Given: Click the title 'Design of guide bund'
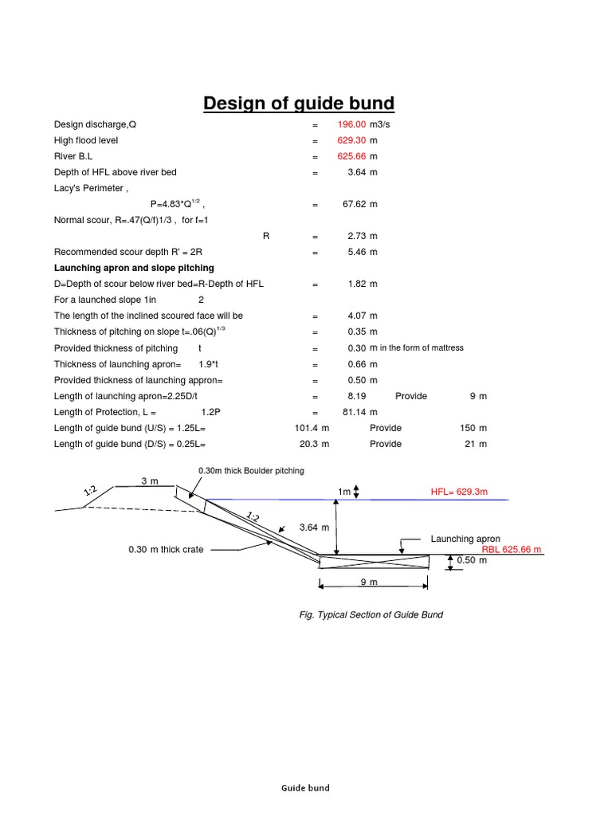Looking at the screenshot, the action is (299, 104).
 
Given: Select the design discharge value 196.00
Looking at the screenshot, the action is (351, 124).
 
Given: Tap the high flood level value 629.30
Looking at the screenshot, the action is (351, 140).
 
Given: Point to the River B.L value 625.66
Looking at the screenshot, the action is (351, 156).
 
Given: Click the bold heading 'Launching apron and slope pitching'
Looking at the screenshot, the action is (134, 268).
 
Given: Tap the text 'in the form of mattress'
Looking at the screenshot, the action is (422, 348).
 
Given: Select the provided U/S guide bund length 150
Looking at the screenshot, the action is (468, 428).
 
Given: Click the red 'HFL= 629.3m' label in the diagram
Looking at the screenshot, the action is (458, 492).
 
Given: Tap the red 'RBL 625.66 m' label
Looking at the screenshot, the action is (512, 550).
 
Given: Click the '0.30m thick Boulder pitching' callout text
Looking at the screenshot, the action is (251, 471).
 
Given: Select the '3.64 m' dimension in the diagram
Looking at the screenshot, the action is (314, 528).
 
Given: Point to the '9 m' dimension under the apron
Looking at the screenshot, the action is (368, 583).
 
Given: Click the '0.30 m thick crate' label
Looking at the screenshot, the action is (166, 549).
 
